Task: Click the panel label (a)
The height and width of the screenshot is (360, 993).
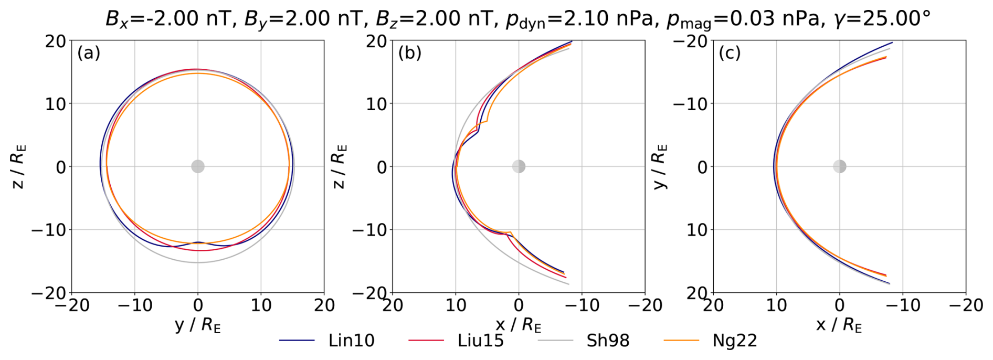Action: pyautogui.click(x=89, y=53)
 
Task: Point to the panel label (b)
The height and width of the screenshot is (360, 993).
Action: pyautogui.click(x=410, y=53)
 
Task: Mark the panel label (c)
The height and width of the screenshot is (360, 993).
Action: pyautogui.click(x=730, y=53)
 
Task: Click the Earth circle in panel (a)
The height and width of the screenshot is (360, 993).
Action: pyautogui.click(x=198, y=166)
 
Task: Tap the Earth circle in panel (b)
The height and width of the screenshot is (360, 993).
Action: pyautogui.click(x=519, y=166)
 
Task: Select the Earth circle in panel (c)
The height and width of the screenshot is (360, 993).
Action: pyautogui.click(x=840, y=166)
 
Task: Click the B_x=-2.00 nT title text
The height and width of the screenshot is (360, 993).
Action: pyautogui.click(x=167, y=19)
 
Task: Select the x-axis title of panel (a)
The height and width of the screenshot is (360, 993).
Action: pyautogui.click(x=198, y=325)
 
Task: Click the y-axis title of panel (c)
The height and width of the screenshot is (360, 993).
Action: pyautogui.click(x=660, y=166)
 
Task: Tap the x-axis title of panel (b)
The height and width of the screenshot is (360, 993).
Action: pyautogui.click(x=519, y=325)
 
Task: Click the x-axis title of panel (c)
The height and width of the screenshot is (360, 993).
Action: pyautogui.click(x=839, y=325)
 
